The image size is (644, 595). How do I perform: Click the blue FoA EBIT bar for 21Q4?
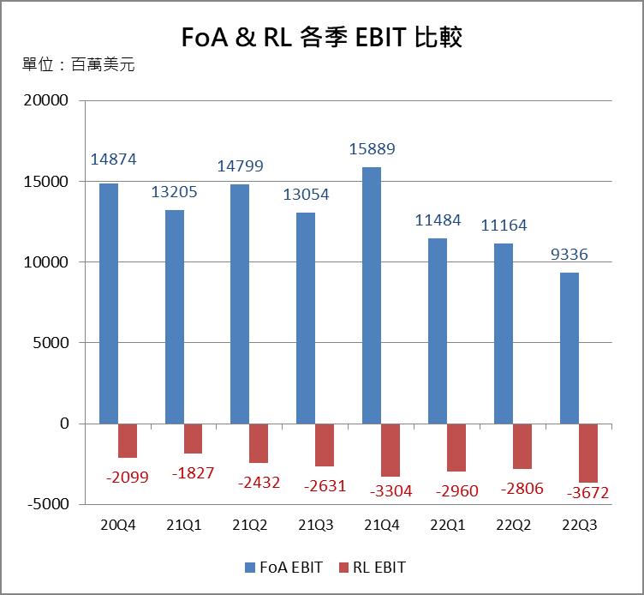tap(372, 295)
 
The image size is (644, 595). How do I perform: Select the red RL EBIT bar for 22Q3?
tap(588, 453)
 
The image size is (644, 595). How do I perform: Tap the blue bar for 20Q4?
tap(109, 304)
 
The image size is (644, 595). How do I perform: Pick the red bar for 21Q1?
tap(194, 438)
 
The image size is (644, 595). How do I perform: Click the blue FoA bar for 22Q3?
tap(569, 348)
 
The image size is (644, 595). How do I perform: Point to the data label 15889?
tap(372, 149)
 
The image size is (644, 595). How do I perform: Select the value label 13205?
tap(175, 192)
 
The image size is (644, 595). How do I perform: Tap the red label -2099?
tap(127, 477)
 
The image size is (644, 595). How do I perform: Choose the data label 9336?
tap(569, 255)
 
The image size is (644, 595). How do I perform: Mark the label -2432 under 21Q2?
tap(259, 482)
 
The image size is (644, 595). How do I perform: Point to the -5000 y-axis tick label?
tap(49, 504)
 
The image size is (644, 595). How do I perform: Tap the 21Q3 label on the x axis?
tap(315, 525)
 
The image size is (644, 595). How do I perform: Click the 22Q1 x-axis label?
tap(447, 525)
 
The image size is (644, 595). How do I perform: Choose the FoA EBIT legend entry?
tap(284, 567)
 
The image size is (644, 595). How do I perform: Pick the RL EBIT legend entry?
tap(373, 567)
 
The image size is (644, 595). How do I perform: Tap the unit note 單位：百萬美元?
tap(79, 64)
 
